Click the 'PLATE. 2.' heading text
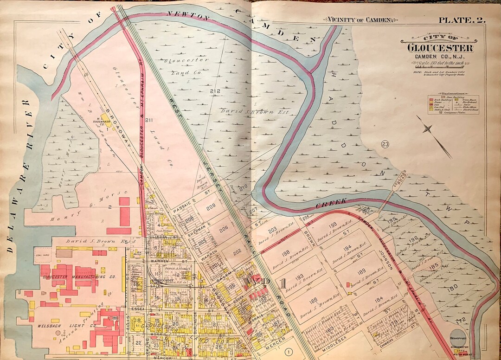click(x=464, y=20)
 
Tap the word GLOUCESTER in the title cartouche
click(x=440, y=48)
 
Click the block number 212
click(x=214, y=91)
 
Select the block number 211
click(x=148, y=121)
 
